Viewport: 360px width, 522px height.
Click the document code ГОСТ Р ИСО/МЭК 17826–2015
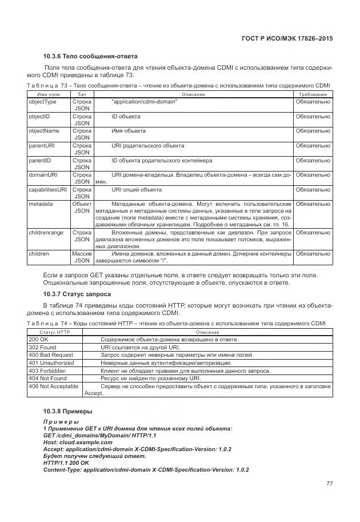287,38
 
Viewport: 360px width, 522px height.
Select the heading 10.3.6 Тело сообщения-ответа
90,56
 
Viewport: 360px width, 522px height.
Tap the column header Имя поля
48,94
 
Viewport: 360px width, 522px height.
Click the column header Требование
313,94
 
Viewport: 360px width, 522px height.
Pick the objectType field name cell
43,102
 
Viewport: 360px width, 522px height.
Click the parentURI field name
41,146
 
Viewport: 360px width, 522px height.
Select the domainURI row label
43,175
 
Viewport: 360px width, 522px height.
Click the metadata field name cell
41,204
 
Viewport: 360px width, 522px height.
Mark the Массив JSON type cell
82,257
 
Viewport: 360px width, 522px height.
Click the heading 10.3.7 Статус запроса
77,294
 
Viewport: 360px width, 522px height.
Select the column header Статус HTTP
54,332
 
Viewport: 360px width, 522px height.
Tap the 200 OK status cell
39,340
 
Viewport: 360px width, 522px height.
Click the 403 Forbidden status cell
47,370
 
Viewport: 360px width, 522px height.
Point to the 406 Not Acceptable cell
53,386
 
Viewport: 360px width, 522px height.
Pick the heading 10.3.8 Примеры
67,411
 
